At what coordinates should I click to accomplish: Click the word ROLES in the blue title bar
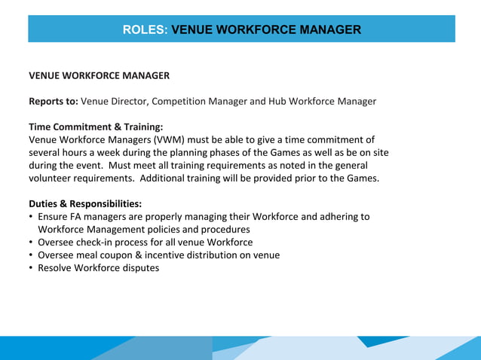pos(145,30)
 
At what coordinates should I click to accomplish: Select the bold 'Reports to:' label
pos(53,101)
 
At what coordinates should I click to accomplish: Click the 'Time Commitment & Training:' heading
pos(96,127)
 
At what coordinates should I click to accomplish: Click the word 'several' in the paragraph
pos(45,152)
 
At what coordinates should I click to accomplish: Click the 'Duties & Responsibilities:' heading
pos(85,203)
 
